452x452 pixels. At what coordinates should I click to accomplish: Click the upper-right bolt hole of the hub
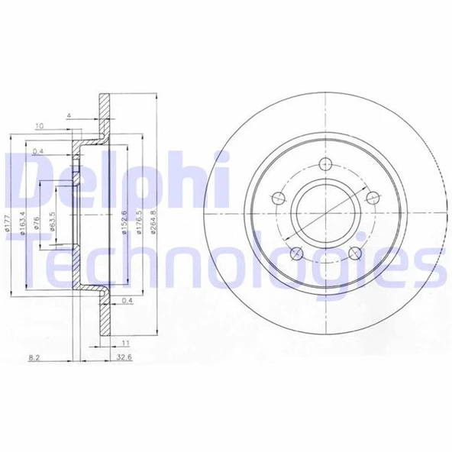pos(373,197)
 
